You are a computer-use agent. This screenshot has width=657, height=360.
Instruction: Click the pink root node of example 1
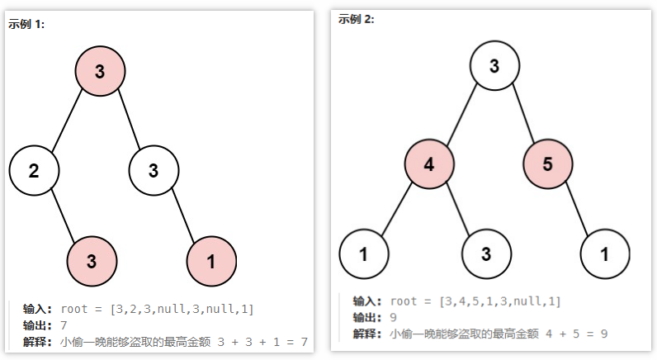click(100, 71)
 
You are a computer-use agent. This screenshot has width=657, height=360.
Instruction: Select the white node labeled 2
click(34, 171)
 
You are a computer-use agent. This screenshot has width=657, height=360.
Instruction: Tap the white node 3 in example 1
click(154, 171)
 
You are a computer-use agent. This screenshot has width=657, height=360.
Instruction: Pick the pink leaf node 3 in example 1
click(92, 262)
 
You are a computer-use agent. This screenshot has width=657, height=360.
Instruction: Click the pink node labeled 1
click(211, 262)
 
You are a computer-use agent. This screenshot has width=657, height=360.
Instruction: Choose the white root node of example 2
click(494, 66)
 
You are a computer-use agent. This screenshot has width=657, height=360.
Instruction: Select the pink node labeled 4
click(428, 163)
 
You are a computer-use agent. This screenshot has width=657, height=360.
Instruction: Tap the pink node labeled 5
click(548, 163)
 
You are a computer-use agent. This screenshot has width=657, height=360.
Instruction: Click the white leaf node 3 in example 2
click(486, 253)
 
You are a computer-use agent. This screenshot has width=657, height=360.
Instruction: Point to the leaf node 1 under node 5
click(605, 253)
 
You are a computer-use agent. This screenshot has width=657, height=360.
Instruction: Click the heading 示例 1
click(26, 24)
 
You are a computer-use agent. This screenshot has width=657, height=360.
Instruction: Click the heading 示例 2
click(356, 19)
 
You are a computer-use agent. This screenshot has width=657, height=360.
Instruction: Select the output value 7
click(64, 325)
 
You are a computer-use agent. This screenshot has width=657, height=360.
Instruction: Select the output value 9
click(394, 317)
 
